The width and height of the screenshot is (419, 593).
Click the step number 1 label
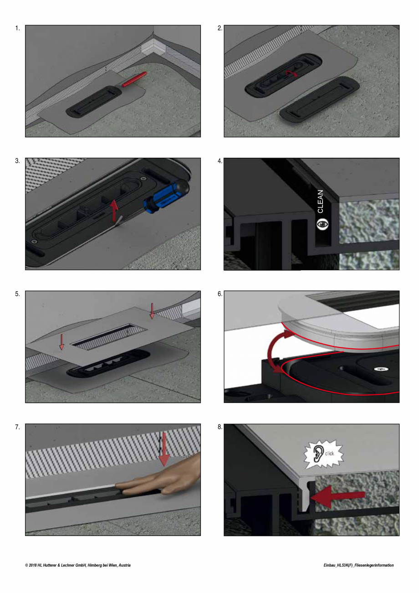[17, 28]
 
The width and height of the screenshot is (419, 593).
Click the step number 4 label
[220, 161]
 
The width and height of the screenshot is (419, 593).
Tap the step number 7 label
[17, 427]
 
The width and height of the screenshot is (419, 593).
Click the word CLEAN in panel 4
[321, 201]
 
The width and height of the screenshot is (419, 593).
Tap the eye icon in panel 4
[322, 223]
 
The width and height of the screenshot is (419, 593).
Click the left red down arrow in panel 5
[62, 341]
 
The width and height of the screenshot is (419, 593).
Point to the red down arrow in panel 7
[164, 451]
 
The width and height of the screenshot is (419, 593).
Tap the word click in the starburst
[329, 454]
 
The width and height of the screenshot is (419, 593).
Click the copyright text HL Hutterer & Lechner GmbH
[77, 565]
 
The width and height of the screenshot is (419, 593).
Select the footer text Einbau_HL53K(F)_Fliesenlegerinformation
[358, 565]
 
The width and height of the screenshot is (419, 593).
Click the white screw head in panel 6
[378, 368]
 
